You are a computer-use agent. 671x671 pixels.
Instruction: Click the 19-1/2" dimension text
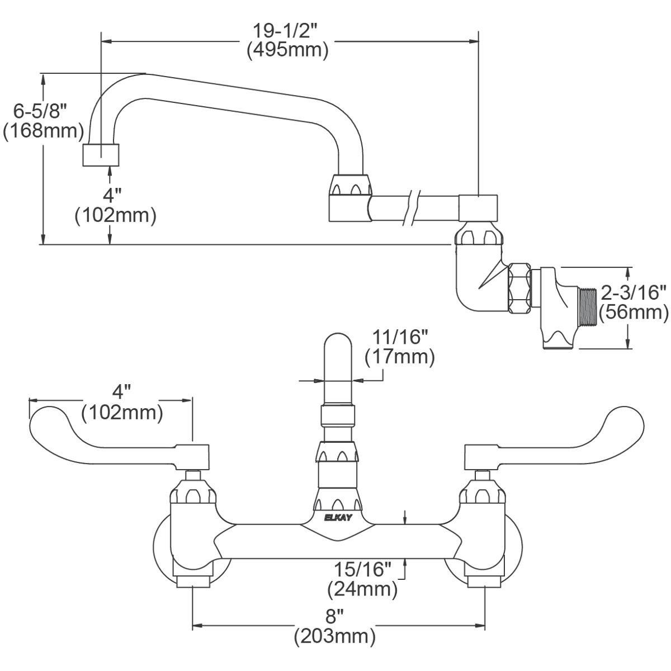click(287, 29)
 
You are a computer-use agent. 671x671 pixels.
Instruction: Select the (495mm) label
click(287, 50)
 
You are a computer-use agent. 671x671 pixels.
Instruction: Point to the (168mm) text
click(44, 133)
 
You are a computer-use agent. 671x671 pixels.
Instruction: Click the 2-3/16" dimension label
click(633, 292)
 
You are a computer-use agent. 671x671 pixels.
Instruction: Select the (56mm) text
click(633, 312)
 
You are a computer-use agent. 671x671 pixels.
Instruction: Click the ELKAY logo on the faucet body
click(338, 518)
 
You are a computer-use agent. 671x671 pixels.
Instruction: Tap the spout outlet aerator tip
click(102, 155)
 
